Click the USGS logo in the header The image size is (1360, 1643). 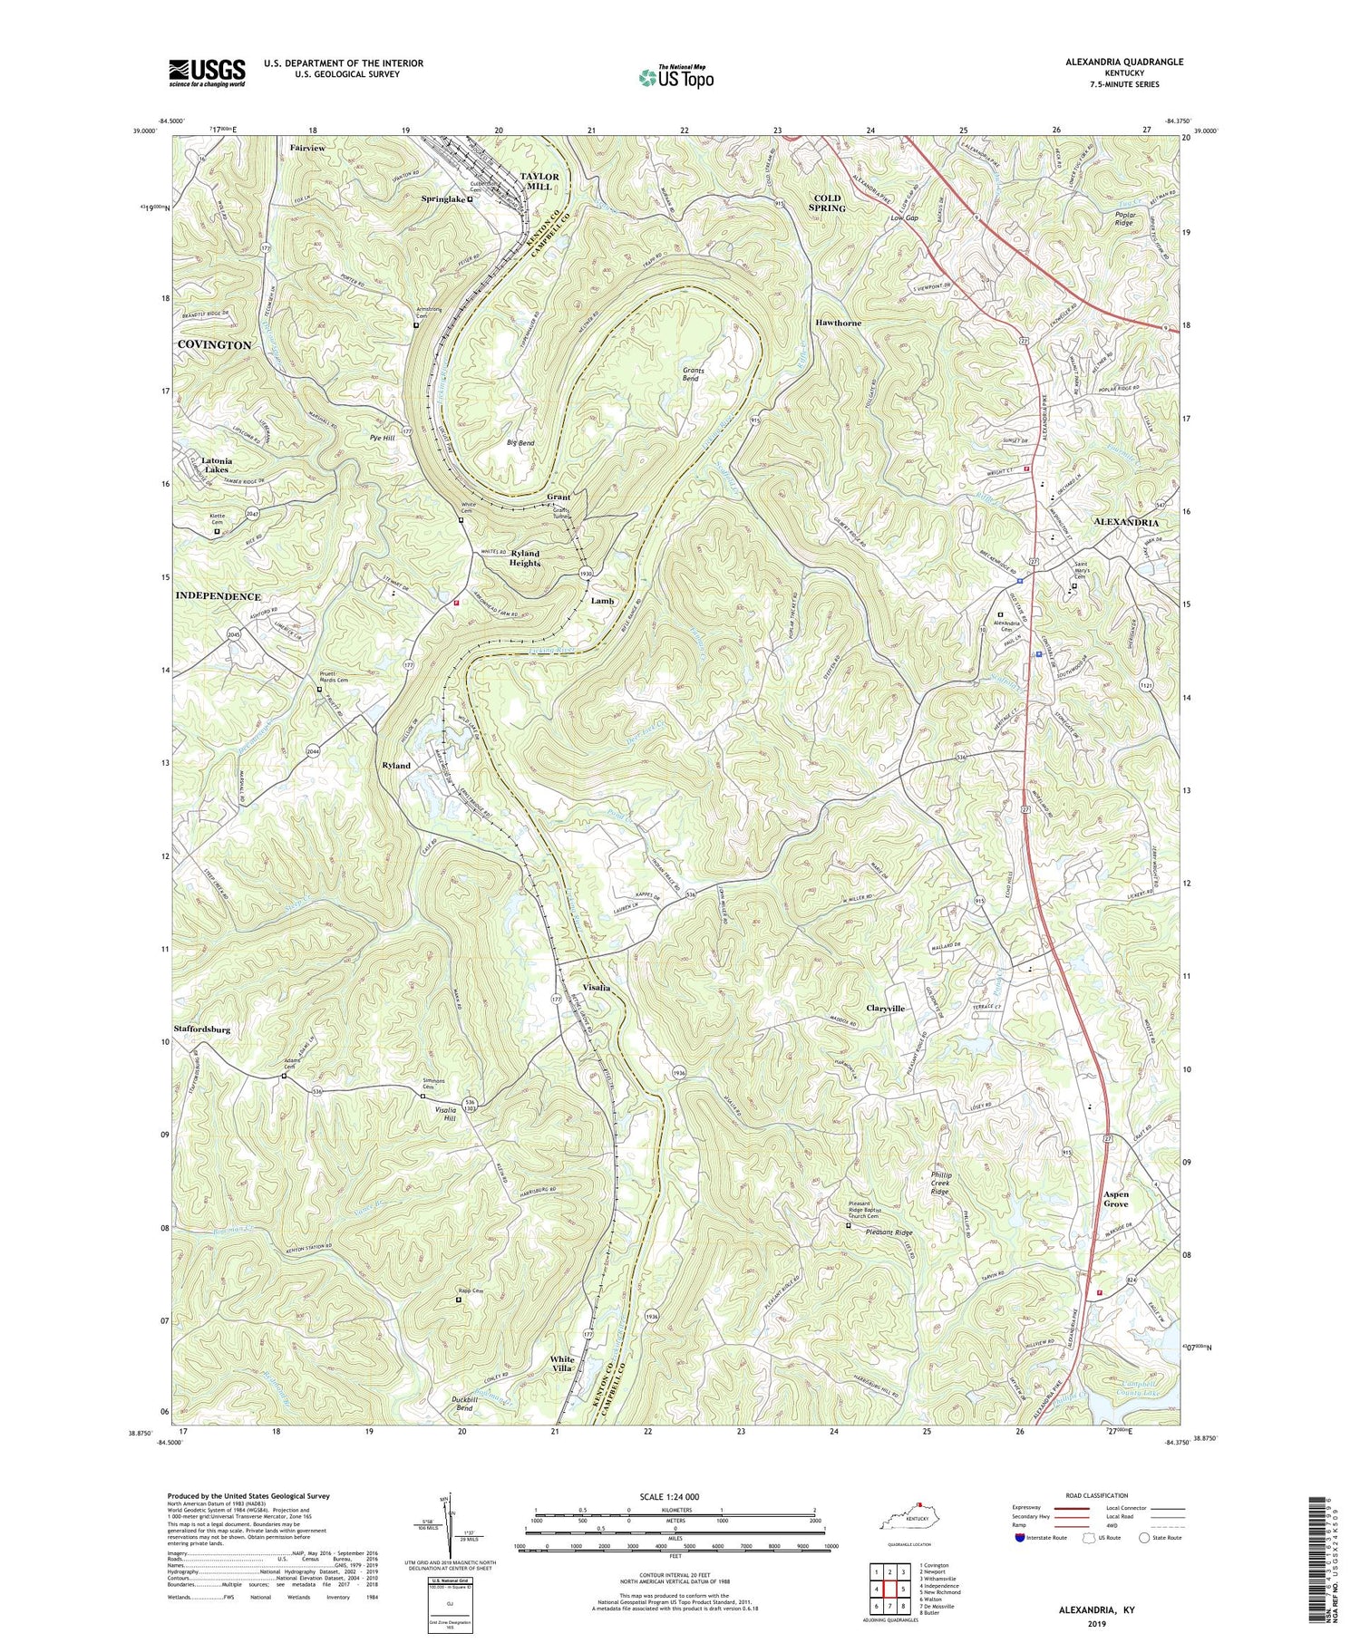pos(207,72)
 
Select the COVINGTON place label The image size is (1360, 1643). pos(214,345)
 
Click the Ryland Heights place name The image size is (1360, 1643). pos(524,557)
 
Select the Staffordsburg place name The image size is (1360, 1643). pos(201,1029)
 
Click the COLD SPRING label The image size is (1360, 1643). pos(826,202)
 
